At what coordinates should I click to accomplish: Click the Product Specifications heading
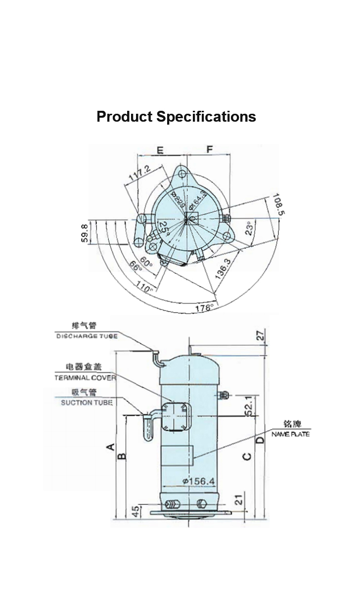tap(176, 117)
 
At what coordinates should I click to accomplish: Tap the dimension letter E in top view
tap(160, 150)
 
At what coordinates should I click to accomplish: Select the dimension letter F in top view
tap(210, 149)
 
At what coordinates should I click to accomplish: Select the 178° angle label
tap(204, 308)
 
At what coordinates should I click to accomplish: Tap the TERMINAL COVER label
tap(85, 378)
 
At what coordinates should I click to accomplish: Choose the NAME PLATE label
tap(290, 434)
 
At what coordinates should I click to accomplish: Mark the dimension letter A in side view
tap(112, 447)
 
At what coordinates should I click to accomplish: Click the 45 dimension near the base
tap(135, 511)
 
